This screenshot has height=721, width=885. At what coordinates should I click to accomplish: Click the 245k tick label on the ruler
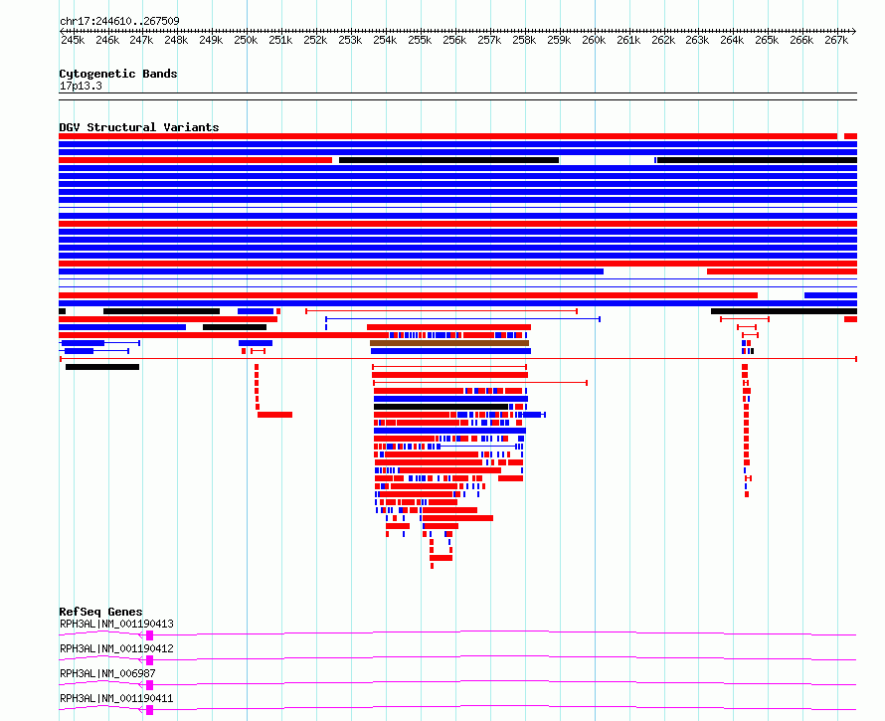(73, 41)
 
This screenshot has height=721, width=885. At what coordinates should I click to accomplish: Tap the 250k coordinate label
(246, 41)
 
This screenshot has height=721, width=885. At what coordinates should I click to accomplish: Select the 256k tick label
(454, 41)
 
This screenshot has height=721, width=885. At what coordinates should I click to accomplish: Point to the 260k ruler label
(594, 41)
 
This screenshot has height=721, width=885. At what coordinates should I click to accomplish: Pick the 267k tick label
(836, 41)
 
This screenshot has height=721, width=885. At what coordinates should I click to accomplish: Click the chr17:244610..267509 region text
(119, 21)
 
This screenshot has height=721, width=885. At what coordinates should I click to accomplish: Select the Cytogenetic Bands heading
(118, 74)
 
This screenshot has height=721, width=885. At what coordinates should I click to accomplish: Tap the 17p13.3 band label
(81, 86)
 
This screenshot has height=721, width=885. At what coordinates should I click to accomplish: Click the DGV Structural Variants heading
(139, 127)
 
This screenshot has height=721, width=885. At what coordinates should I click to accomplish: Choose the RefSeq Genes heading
(100, 612)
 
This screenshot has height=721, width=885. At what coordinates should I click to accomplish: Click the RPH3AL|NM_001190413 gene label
(116, 625)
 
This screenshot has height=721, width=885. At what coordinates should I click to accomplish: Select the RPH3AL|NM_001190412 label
(116, 649)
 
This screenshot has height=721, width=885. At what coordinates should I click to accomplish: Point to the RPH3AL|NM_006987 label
(107, 674)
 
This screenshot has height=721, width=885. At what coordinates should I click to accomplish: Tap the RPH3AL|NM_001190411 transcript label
(116, 699)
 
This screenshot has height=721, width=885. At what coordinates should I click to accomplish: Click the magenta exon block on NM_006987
(150, 684)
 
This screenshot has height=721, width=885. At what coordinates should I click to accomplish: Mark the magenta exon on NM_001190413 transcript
(150, 634)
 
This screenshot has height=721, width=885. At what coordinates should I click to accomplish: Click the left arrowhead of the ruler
(63, 31)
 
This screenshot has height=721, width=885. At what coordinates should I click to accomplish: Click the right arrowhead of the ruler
(853, 31)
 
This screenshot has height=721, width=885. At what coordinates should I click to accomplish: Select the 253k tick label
(350, 41)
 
